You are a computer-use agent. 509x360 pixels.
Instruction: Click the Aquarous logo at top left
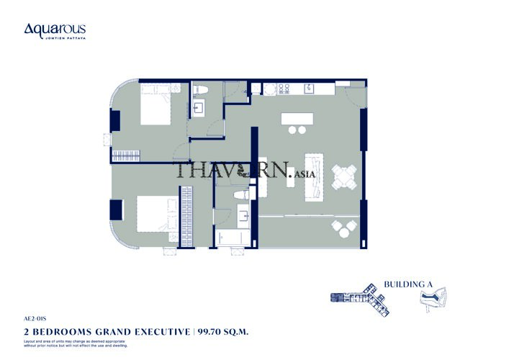55,30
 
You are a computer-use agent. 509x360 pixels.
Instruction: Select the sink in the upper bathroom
201,107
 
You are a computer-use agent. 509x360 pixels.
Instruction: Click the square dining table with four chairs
343,175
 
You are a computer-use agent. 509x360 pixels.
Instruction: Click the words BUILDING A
408,284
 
